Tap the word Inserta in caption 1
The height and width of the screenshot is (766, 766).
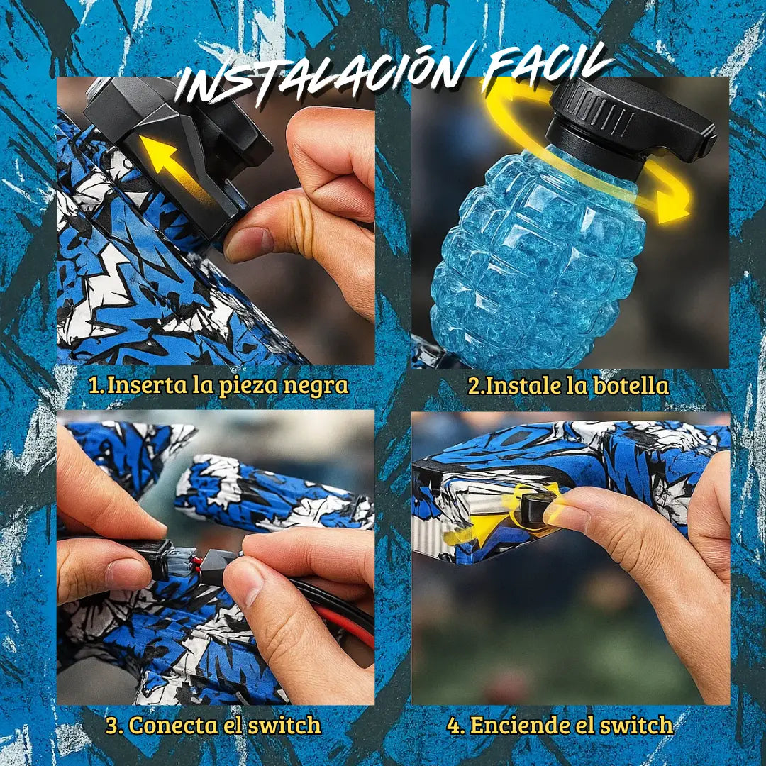pos(147,385)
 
